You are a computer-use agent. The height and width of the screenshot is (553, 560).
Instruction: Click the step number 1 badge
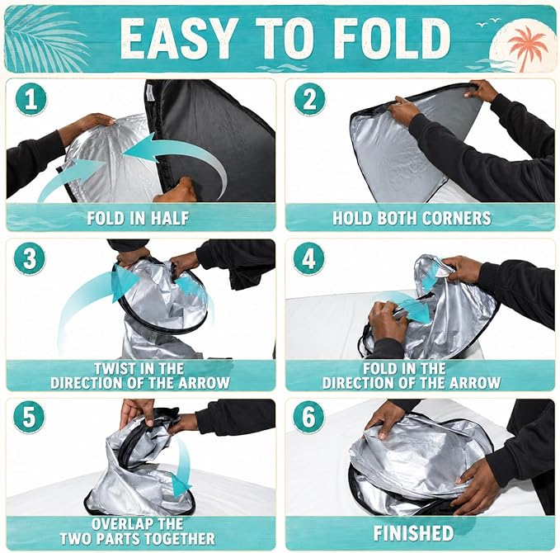[31, 99]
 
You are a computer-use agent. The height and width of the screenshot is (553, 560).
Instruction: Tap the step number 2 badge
[309, 99]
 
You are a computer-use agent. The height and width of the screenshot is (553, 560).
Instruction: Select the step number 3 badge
[30, 259]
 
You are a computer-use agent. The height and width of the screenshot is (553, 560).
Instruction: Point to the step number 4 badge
[308, 258]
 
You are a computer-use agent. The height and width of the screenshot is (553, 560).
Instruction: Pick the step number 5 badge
[30, 417]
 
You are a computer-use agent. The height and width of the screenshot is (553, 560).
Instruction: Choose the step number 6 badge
[308, 417]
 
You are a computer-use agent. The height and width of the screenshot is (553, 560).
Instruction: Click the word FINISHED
[413, 533]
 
